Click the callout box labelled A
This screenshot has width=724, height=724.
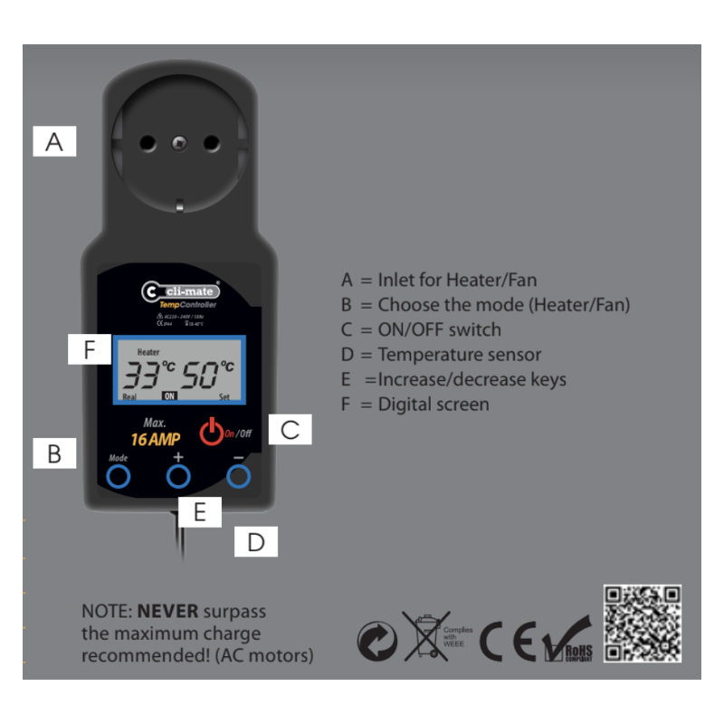[x=55, y=142]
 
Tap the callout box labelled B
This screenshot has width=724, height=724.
[x=54, y=452]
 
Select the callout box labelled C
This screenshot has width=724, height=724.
[x=290, y=430]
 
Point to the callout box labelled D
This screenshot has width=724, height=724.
[x=256, y=542]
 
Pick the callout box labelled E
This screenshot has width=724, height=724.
[x=200, y=512]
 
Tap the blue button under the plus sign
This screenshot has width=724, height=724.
[x=178, y=476]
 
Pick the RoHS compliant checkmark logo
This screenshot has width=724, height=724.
[x=567, y=641]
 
